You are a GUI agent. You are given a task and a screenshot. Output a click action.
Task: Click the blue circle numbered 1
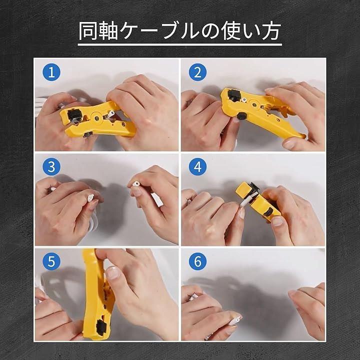click(51, 72)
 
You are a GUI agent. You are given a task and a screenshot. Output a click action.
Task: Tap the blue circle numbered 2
click(197, 72)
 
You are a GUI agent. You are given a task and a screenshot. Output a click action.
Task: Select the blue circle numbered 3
click(51, 166)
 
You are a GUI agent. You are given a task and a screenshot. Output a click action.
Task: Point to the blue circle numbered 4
click(197, 166)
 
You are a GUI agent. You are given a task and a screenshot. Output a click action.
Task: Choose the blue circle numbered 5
click(51, 261)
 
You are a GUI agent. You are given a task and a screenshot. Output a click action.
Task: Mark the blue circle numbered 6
click(197, 261)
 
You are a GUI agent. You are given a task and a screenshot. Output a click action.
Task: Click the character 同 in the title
click(88, 31)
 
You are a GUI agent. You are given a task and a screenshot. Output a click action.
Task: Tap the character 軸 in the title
click(108, 31)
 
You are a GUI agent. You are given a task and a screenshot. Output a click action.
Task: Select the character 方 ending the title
click(271, 31)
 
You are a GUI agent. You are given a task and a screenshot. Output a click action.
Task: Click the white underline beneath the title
click(180, 44)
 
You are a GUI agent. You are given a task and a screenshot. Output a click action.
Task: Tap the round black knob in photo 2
click(241, 116)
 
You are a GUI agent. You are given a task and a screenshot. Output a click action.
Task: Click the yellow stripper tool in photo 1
click(96, 120)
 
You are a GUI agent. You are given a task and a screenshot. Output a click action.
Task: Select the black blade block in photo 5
click(101, 326)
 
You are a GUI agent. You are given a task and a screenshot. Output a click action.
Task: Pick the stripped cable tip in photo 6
click(236, 319)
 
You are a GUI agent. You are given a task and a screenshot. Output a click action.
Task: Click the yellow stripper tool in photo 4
click(258, 201)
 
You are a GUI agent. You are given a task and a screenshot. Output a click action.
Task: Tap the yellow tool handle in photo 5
click(96, 294)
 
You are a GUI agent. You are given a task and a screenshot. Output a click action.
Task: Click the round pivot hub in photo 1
click(96, 118)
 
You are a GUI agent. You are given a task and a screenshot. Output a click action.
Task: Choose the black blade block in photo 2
click(233, 95)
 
